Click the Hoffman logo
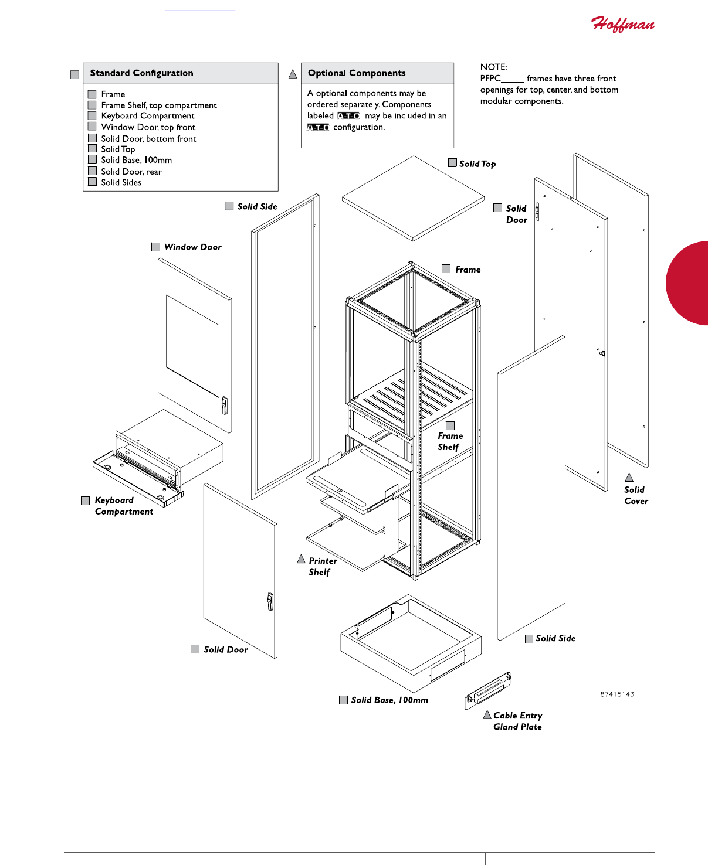coord(622,24)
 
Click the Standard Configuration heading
coord(141,73)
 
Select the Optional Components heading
coord(357,73)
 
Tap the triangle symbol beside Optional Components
coord(293,74)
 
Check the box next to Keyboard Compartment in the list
coord(92,116)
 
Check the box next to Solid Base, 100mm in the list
coord(92,159)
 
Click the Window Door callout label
coord(192,247)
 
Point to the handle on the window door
coord(224,405)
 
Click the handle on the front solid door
coord(270,601)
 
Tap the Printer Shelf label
coord(322,566)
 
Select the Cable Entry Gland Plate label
coord(517,721)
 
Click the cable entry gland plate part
coord(488,689)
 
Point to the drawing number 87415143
coord(617,694)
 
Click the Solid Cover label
coord(636,495)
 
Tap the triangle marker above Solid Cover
coord(629,478)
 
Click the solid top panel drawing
coord(413,198)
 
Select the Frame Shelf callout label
coord(450,441)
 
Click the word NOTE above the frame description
coord(493,67)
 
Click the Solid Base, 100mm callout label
coord(389,700)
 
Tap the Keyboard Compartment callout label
coord(123,506)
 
